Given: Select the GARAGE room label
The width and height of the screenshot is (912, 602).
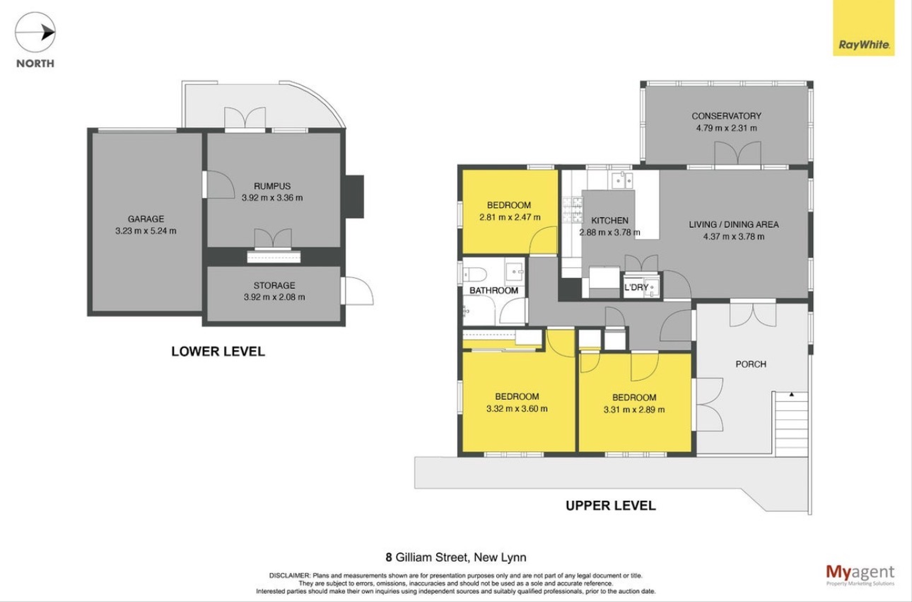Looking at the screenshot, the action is pos(146,219).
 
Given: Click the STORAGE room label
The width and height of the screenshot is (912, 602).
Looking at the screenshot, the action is pos(274,285).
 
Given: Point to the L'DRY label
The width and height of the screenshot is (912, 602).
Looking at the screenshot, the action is pos(636,287).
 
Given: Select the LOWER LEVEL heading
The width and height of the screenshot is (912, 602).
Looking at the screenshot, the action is pos(218,351).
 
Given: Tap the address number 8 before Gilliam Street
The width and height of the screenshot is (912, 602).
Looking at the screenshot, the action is pos(389,557).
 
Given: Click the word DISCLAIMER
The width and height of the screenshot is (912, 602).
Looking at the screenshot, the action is pos(289,575).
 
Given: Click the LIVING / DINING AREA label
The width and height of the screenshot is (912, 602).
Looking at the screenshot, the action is pos(734,225).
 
